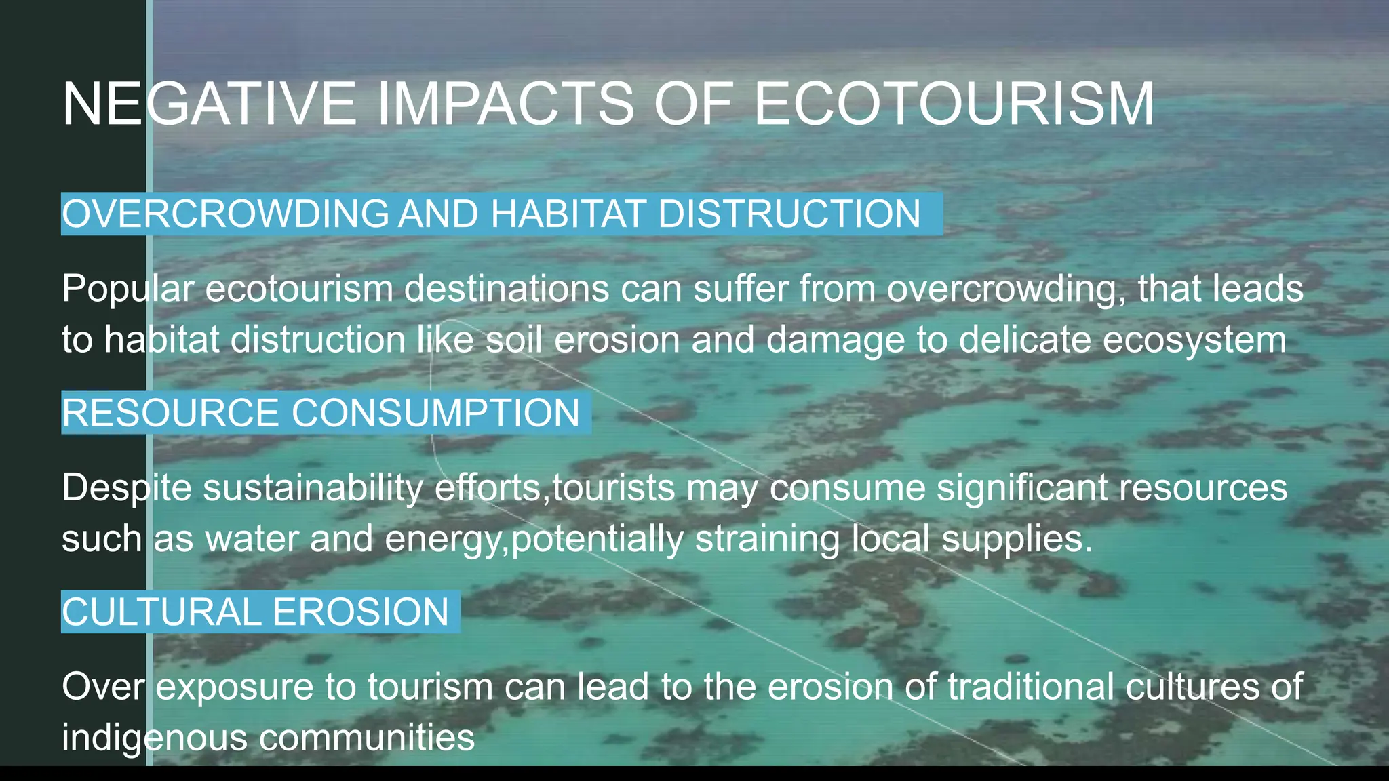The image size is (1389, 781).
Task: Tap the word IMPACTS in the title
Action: tap(505, 104)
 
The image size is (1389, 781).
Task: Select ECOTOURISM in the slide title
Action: tap(954, 104)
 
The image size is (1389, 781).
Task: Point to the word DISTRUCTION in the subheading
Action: tap(789, 214)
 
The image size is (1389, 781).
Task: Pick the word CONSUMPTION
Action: tap(435, 413)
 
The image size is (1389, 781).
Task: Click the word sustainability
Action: tap(313, 488)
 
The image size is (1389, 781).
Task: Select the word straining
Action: tap(767, 539)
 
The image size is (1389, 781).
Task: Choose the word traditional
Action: tap(1030, 686)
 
